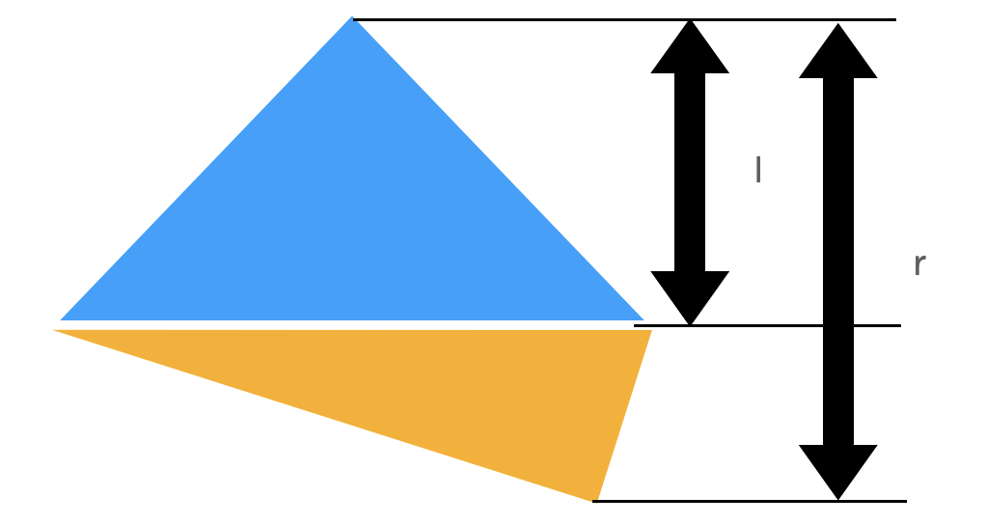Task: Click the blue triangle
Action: [352, 222]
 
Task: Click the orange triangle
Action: [434, 386]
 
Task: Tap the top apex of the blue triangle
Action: [352, 18]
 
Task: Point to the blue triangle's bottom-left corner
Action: [63, 318]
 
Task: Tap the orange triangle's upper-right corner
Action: [649, 332]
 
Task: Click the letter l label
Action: [758, 171]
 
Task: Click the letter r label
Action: [918, 263]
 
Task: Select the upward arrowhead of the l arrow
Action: [690, 48]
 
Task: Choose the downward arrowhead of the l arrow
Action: [690, 296]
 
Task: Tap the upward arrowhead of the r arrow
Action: [837, 53]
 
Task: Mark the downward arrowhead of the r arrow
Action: [837, 470]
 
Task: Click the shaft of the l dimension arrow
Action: [690, 174]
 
